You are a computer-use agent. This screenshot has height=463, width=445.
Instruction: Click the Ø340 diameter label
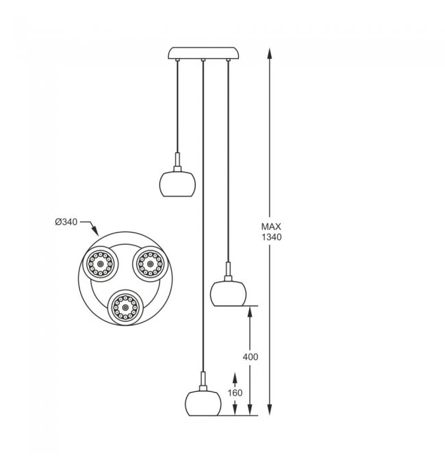pos(66,222)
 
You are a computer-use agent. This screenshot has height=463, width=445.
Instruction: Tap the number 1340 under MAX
pos(271,237)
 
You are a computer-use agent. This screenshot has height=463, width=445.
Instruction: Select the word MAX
pos(271,226)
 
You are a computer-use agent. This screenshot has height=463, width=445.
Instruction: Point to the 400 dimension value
pos(251,357)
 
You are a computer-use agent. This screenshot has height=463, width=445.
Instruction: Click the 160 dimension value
pos(235,393)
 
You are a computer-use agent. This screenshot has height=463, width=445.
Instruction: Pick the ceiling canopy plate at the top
pos(203,53)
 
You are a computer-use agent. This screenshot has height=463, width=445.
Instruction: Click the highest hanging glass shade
pos(177,184)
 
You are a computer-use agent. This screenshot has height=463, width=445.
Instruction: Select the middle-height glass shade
pos(228,293)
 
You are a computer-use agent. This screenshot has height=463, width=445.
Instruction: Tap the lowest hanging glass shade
pos(203,404)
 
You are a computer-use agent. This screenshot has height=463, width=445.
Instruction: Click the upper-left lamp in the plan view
pos(100,264)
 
